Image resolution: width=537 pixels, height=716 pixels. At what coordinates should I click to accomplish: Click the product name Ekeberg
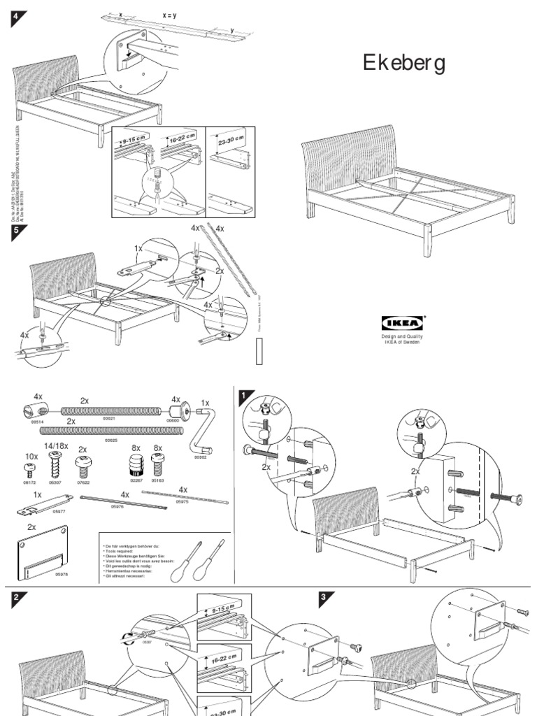(404, 64)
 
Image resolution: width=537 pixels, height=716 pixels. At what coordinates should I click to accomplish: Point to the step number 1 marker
(244, 396)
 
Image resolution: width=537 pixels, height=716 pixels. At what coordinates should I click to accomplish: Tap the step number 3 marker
(324, 598)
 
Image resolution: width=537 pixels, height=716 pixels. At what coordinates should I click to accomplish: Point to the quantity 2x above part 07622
(83, 449)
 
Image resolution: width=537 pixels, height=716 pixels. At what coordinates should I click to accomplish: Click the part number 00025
(110, 441)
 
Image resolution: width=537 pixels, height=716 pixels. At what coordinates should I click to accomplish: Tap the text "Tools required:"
(122, 551)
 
